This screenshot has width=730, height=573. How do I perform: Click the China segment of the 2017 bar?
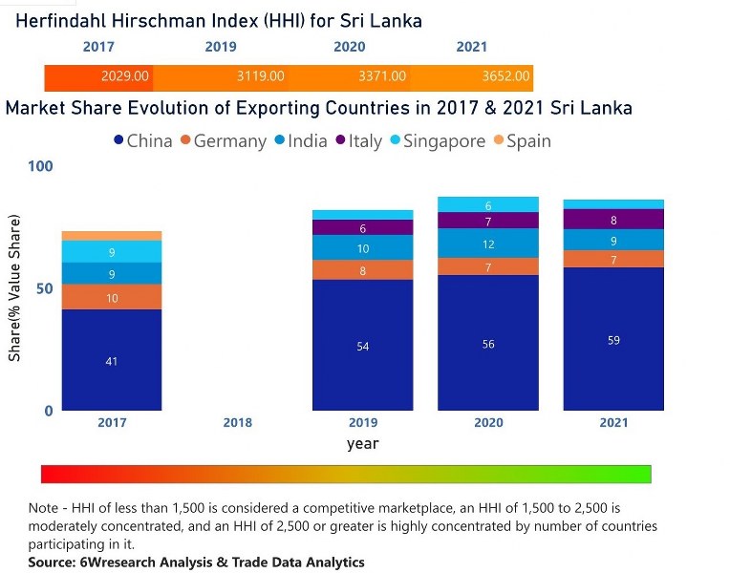[112, 360]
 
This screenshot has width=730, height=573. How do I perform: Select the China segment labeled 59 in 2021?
[613, 339]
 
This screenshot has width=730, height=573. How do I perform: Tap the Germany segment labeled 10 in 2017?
[112, 297]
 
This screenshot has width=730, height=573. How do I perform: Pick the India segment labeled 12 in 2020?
[488, 244]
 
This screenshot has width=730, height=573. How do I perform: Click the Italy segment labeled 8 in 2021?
[613, 220]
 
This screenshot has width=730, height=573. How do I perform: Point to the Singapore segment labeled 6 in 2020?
[488, 204]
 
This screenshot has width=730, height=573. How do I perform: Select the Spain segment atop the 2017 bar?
[112, 235]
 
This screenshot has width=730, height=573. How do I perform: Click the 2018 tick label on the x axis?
[237, 422]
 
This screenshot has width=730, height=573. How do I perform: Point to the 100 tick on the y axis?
[41, 166]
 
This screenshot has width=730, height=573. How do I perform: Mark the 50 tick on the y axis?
[45, 288]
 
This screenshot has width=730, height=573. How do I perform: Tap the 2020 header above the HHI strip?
[349, 47]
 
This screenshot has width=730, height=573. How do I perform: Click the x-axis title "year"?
[362, 444]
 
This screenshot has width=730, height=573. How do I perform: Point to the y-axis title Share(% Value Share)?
[14, 288]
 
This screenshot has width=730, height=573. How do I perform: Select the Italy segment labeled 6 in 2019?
[362, 228]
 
